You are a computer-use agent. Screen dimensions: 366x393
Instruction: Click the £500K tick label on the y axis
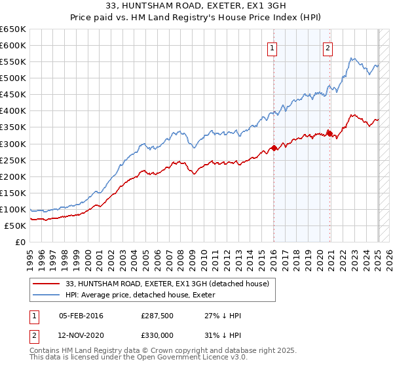click(x=13, y=78)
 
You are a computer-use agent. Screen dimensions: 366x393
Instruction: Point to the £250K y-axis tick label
click(x=13, y=160)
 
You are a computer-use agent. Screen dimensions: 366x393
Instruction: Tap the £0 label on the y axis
click(x=21, y=242)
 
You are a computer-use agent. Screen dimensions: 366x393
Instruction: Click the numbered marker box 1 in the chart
click(x=271, y=47)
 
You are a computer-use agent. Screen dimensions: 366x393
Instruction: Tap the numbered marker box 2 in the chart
click(x=327, y=47)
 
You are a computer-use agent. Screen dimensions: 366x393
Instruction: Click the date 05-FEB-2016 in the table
click(x=81, y=315)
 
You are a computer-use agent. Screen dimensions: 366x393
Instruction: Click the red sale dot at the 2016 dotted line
click(x=274, y=147)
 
